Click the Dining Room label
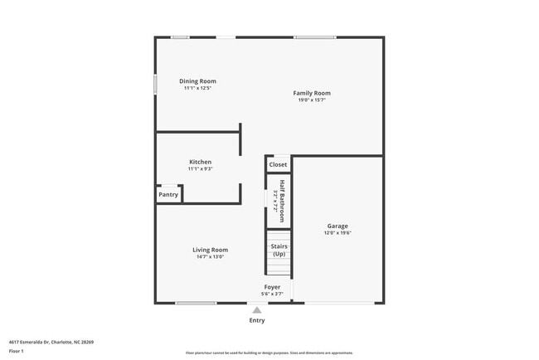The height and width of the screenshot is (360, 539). [x=197, y=81]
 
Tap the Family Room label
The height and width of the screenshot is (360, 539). [x=312, y=93]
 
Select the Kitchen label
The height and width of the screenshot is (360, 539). [x=200, y=162]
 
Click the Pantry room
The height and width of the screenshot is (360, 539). [x=168, y=195]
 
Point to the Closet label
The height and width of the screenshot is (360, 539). [x=278, y=164]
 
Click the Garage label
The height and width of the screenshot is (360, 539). [x=337, y=226]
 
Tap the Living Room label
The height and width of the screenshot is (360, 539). [x=210, y=250]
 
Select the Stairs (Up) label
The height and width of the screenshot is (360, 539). [x=279, y=250]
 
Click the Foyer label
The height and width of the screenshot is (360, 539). [x=272, y=287]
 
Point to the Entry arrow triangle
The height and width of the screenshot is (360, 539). [x=257, y=310]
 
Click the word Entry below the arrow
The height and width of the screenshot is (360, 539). [x=257, y=320]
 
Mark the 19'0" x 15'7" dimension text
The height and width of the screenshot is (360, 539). [x=312, y=100]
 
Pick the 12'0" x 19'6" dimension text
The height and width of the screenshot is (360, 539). [x=337, y=233]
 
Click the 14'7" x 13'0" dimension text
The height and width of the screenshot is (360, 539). [x=210, y=257]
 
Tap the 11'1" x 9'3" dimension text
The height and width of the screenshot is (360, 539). [x=200, y=169]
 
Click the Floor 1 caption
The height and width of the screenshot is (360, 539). [x=17, y=351]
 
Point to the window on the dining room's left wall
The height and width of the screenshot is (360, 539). [x=155, y=85]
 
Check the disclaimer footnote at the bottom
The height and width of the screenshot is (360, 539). [x=269, y=353]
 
